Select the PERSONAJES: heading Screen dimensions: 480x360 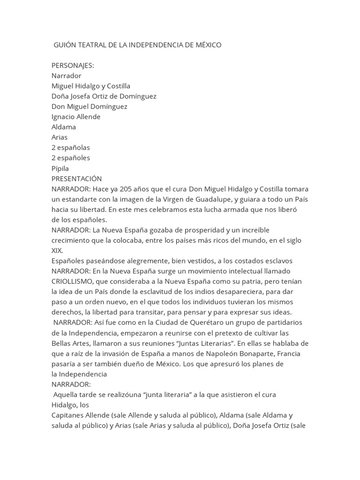[73, 65]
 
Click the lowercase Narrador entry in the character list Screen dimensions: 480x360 [66, 75]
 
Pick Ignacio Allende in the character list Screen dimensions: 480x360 [76, 117]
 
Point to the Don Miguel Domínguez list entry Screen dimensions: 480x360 [89, 106]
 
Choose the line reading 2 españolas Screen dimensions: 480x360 [71, 148]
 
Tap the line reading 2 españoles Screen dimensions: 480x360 [71, 158]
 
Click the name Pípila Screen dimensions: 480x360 [60, 168]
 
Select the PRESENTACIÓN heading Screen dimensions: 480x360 [76, 179]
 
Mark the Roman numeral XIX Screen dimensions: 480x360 [57, 250]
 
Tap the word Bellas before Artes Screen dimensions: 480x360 [61, 343]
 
